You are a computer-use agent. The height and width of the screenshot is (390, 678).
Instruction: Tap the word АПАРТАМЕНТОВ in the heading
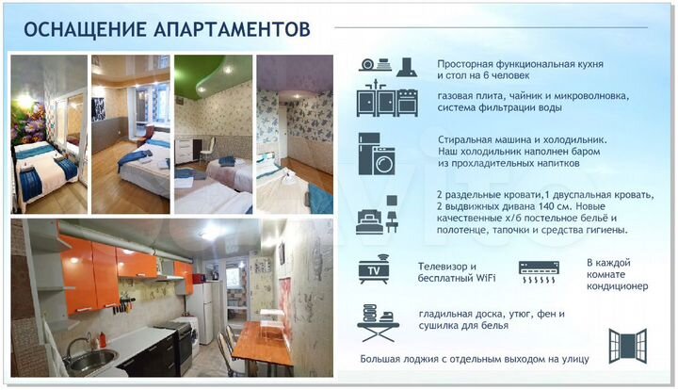229,29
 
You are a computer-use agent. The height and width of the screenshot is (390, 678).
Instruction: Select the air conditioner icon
539,272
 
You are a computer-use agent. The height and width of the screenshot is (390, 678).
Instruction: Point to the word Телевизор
442,267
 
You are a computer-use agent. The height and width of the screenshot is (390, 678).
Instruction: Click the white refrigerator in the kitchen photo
203,311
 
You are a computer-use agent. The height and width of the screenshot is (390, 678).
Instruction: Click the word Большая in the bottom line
385,359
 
